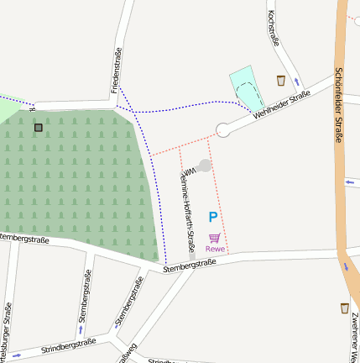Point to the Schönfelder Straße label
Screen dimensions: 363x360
click(x=340, y=105)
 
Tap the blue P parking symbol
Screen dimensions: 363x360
click(x=213, y=217)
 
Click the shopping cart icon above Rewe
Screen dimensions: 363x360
click(x=215, y=238)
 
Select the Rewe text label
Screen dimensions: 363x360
click(x=215, y=249)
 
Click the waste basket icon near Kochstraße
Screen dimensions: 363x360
click(x=280, y=81)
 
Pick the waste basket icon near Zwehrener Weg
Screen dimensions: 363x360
click(x=345, y=308)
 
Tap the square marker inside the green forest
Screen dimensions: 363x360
click(x=39, y=128)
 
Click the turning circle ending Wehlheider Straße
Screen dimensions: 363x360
click(x=223, y=130)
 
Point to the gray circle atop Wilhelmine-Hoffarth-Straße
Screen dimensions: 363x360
click(x=204, y=166)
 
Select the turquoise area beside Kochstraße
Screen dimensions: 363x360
click(x=248, y=86)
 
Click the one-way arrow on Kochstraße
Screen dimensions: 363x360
click(x=295, y=82)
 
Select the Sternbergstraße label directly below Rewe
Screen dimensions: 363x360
click(x=190, y=265)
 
